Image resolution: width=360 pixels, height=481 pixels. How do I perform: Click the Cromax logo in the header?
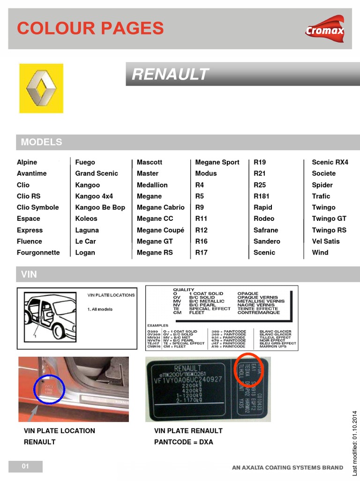324,29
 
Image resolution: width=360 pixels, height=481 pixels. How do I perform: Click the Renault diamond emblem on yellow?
41,89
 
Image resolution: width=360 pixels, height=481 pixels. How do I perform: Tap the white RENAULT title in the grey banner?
170,74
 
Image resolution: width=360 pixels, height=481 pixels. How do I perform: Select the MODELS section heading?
42,142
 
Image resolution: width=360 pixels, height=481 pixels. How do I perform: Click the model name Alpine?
27,162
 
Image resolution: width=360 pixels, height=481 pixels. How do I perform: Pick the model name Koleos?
86,218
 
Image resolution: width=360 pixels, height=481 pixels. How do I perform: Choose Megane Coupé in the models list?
160,230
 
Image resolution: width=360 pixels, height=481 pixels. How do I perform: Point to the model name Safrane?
266,230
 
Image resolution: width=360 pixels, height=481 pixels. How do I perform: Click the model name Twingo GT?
329,218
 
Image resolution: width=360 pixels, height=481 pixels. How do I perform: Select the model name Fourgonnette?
38,253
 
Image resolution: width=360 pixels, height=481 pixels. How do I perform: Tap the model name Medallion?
152,185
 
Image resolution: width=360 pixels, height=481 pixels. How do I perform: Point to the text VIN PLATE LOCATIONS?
111,295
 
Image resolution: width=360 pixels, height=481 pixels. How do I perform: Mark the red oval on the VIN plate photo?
248,371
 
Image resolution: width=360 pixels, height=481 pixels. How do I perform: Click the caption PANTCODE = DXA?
183,442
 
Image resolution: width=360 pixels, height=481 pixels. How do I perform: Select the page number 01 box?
25,466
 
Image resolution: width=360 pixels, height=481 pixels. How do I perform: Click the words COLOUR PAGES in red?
90,29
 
